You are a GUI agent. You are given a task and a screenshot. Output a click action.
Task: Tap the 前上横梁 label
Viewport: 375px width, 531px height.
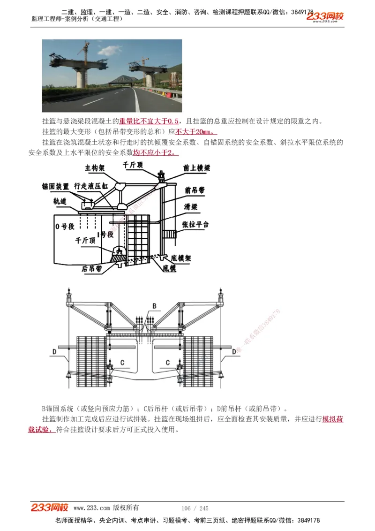[x=197, y=167]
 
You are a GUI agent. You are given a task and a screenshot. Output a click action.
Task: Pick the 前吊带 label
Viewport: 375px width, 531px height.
[x=195, y=190]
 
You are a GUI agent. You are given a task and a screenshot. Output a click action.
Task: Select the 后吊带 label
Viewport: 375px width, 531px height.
[x=91, y=269]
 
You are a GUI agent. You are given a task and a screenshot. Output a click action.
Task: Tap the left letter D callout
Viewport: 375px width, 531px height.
[x=54, y=351]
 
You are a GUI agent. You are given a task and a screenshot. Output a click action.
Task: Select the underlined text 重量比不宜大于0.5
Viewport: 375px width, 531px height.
[x=149, y=121]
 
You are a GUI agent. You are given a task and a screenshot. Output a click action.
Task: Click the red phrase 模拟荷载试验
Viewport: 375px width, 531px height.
[x=332, y=419]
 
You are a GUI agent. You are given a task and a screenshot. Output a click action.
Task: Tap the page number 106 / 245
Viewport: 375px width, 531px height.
[x=195, y=508]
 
